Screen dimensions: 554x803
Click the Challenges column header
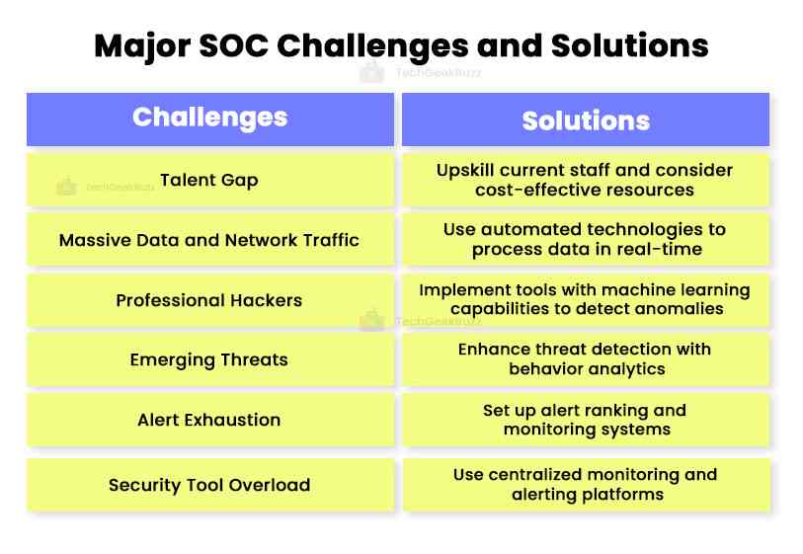click(x=209, y=118)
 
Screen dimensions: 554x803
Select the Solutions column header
click(x=586, y=120)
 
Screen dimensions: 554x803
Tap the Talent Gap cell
click(x=209, y=180)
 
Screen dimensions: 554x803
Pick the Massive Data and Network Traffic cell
click(x=209, y=240)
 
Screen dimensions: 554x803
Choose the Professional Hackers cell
click(x=209, y=300)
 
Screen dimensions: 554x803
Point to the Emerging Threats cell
click(x=209, y=359)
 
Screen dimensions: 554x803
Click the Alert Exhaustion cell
click(x=209, y=420)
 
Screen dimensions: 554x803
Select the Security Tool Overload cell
click(x=209, y=485)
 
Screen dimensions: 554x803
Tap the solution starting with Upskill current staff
click(x=586, y=180)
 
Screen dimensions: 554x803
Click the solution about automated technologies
click(x=586, y=240)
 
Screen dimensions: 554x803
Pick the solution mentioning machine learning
click(x=586, y=300)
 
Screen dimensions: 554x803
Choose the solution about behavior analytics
click(x=586, y=359)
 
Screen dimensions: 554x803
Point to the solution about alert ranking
click(x=586, y=420)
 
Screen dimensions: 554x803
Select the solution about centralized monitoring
click(x=586, y=485)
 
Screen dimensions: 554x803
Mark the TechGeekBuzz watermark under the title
click(x=425, y=72)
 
